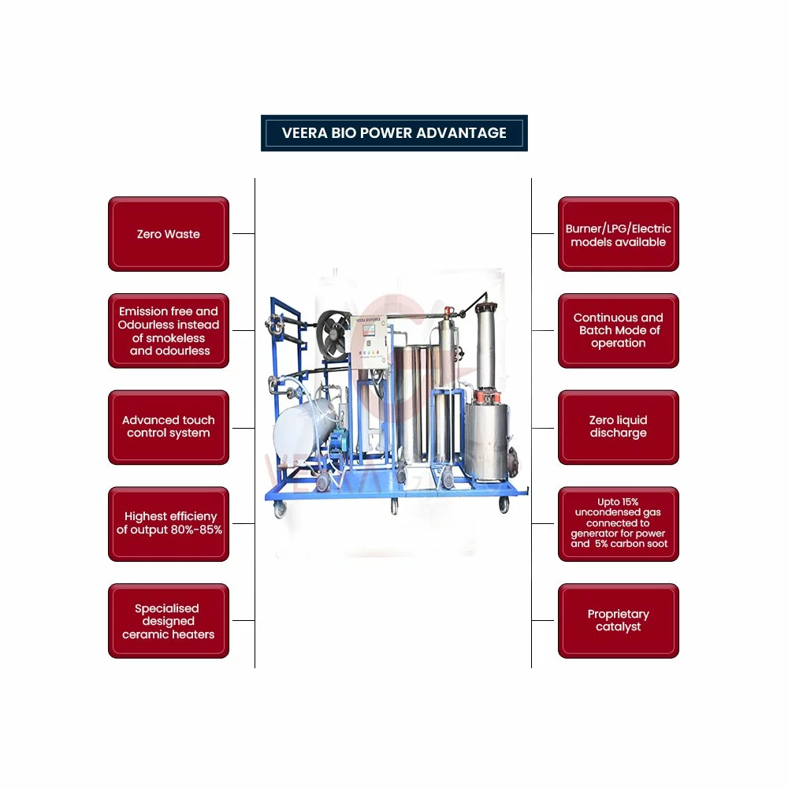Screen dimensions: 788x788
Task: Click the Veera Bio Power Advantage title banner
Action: pos(394,133)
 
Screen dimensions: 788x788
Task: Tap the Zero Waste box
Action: pos(168,234)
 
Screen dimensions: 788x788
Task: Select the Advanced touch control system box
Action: pos(168,426)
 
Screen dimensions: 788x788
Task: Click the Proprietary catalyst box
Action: pos(618,620)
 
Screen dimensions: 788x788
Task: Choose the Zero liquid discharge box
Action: pos(618,426)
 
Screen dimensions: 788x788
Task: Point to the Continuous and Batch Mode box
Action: pos(618,330)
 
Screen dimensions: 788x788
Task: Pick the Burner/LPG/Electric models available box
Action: pos(618,235)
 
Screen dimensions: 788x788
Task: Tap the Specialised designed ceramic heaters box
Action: pos(168,620)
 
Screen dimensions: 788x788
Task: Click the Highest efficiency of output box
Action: pos(168,523)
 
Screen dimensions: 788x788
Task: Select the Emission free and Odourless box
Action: pos(168,330)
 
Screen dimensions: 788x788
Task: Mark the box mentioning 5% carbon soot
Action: pos(618,523)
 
